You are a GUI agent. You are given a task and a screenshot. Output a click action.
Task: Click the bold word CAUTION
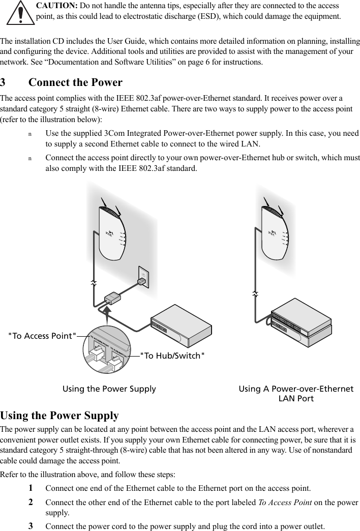click(57, 6)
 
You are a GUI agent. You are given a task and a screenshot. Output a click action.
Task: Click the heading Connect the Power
click(75, 82)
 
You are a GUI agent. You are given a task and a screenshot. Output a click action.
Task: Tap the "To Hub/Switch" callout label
click(172, 355)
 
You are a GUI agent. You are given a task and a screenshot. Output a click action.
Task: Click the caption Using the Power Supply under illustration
click(109, 389)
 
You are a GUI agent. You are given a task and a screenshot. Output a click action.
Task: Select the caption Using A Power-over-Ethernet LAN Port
click(296, 393)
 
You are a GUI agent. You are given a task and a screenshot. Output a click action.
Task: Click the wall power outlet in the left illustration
click(143, 277)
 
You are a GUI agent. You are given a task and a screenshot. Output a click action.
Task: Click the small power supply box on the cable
click(111, 298)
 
